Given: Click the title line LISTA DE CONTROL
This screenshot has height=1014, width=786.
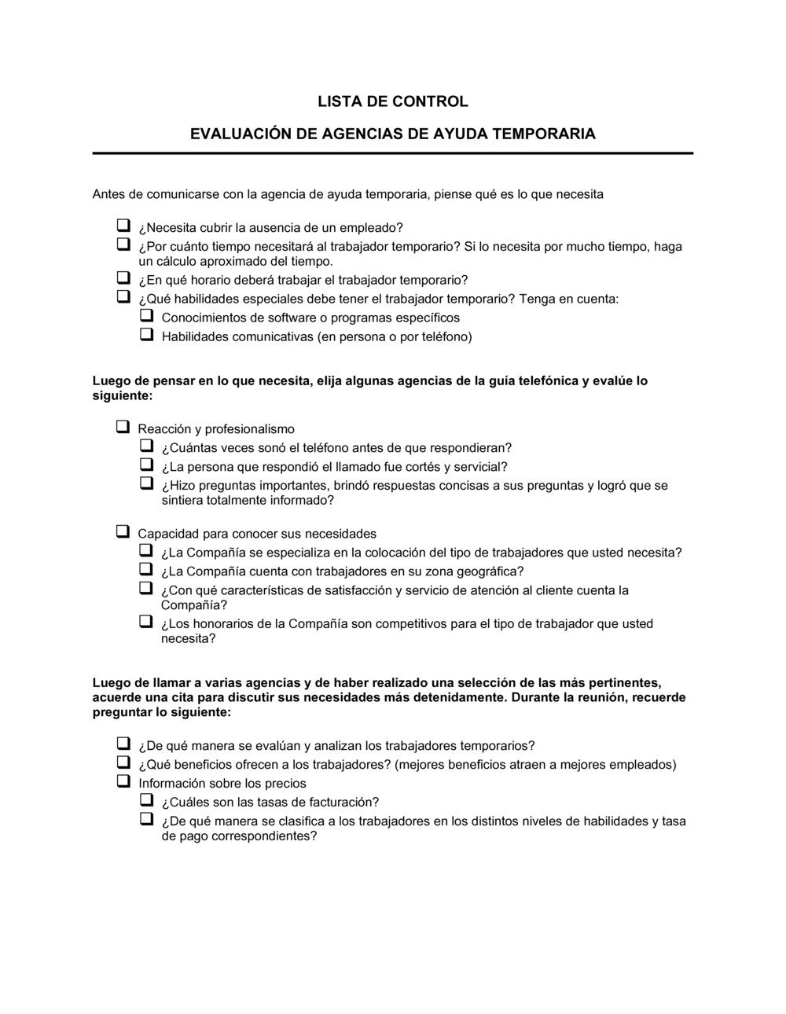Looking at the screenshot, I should coord(392,101).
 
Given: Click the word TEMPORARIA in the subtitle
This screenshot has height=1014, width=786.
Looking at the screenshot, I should coord(543,134).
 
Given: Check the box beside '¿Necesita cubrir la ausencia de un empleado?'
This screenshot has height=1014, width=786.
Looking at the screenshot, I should coord(123,226).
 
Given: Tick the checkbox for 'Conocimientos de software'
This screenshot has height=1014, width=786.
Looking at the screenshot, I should coord(147,315).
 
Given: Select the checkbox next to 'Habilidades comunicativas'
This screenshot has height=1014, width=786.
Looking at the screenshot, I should coord(147,334).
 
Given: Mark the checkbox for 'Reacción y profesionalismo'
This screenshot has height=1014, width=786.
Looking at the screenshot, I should coord(123,427).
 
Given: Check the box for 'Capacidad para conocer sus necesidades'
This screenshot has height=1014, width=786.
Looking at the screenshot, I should coord(123,531).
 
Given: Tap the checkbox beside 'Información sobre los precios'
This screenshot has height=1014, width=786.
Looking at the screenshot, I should coord(123,781).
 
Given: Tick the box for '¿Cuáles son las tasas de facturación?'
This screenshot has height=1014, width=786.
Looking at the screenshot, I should coord(147,800).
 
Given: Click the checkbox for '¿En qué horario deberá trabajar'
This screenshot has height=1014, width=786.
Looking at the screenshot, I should coord(123,277).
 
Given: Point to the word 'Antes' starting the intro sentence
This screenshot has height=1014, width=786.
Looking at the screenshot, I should coord(109,194).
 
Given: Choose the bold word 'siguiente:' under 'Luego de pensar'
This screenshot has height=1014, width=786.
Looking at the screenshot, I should coord(123,396).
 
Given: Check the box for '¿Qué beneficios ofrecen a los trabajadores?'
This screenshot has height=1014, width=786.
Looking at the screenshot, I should coord(123,762).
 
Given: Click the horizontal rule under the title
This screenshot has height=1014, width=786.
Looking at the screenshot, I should coord(392,153).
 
